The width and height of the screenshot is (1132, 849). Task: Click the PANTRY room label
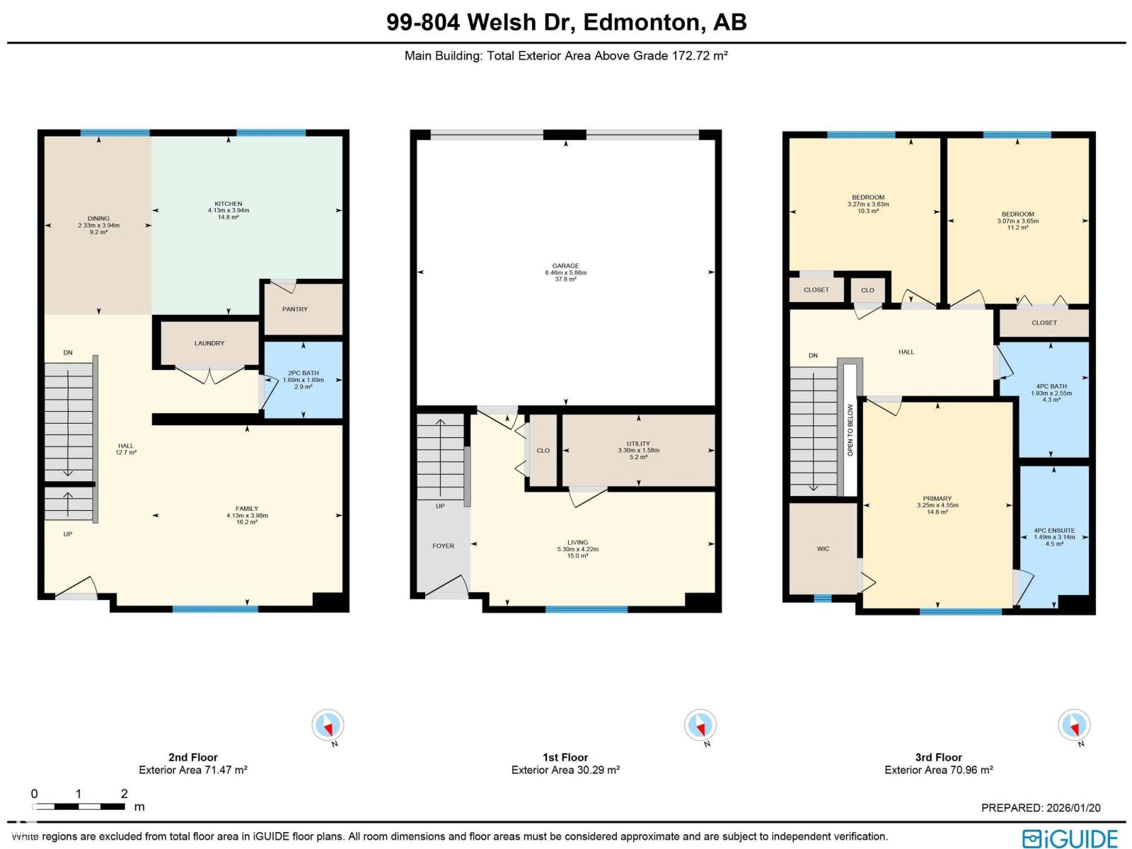(x=295, y=309)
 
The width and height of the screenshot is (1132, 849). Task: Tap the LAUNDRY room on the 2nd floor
(x=209, y=343)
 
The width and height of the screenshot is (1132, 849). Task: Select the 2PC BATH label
(x=303, y=373)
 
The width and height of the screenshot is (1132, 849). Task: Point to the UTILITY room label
(x=638, y=444)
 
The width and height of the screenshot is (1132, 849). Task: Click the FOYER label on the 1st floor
(x=444, y=545)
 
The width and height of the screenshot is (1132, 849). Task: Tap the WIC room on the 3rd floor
(x=823, y=549)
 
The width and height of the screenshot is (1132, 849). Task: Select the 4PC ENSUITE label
(x=1053, y=531)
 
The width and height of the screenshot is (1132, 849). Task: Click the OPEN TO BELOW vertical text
(x=850, y=430)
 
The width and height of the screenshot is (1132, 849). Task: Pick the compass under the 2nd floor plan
(x=328, y=725)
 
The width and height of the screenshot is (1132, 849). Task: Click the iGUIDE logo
(x=1070, y=838)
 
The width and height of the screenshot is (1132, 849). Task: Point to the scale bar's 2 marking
(x=124, y=793)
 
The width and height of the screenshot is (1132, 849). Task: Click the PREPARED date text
(x=1041, y=807)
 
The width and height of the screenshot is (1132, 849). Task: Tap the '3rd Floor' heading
(x=938, y=757)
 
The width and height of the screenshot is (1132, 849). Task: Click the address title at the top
(x=566, y=22)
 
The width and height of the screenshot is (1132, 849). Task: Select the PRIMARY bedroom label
(x=937, y=499)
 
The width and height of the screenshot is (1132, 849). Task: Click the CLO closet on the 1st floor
(x=543, y=451)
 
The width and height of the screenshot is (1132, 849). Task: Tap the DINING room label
(x=98, y=219)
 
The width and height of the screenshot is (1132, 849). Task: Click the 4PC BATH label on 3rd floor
(x=1051, y=387)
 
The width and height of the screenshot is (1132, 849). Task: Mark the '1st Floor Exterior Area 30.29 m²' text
(x=565, y=770)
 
